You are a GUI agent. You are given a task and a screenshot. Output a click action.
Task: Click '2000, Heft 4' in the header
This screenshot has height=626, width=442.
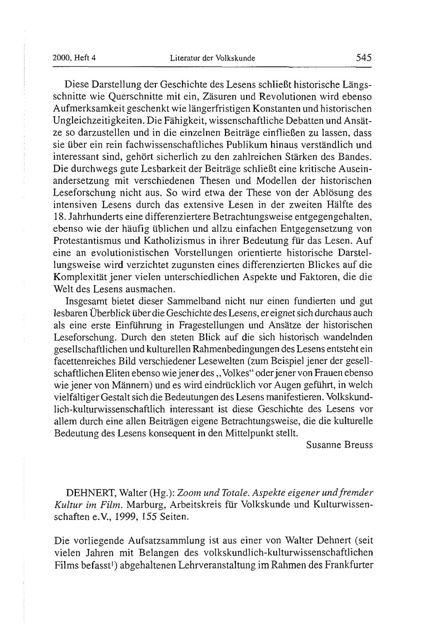[74, 58]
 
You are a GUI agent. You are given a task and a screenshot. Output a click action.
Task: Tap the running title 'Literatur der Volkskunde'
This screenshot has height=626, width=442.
[213, 58]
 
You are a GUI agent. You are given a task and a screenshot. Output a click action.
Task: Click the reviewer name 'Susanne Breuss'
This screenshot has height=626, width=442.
[339, 445]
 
